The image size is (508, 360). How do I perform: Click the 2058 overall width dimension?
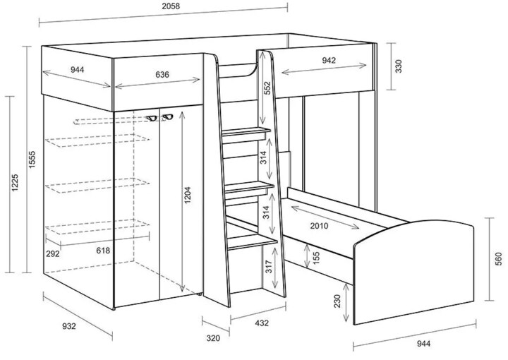coord(171,6)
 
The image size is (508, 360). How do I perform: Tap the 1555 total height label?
coord(32,159)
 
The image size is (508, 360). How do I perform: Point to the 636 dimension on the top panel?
coord(162,75)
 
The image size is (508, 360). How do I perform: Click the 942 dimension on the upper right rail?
coord(329,60)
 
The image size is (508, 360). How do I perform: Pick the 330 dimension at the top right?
coord(399,66)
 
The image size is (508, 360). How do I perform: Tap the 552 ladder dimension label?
coord(267,88)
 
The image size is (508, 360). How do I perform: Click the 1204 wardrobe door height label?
coord(187,195)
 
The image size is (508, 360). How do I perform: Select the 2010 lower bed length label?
coord(319,226)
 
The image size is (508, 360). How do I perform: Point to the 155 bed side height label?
coord(316,258)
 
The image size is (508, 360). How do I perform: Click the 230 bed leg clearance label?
coord(337,301)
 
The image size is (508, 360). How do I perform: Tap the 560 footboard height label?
coord(498,258)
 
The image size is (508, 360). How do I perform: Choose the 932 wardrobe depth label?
coord(68,326)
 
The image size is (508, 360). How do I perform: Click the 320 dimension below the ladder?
coord(213,338)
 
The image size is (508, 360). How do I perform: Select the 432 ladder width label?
coord(262,323)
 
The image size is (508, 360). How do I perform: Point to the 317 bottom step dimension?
coord(269,267)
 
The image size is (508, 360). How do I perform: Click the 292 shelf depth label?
coord(52,253)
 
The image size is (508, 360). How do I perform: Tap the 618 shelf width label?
coord(103,251)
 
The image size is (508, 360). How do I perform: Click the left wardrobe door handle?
coord(151,119)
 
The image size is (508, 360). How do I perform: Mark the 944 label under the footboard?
coord(423,344)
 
